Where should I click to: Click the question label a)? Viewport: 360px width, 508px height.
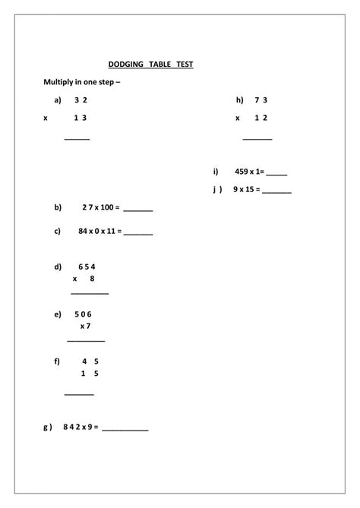[x=57, y=99]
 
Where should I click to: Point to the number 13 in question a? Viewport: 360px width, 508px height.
[x=81, y=118]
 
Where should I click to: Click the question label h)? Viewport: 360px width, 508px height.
[x=240, y=99]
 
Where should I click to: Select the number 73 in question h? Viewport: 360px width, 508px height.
[x=261, y=99]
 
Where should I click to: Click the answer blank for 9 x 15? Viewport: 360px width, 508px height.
[x=277, y=191]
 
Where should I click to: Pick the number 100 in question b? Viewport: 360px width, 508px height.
[x=106, y=207]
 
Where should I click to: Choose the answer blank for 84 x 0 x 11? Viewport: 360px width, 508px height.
[x=138, y=234]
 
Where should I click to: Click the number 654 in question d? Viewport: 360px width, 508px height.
[x=87, y=267]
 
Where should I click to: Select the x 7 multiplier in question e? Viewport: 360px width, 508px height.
[x=86, y=327]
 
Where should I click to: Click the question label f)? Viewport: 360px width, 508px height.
[x=57, y=361]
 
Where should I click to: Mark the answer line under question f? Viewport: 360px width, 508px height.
[x=79, y=394]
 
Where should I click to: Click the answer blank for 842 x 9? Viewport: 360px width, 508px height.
[x=125, y=430]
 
